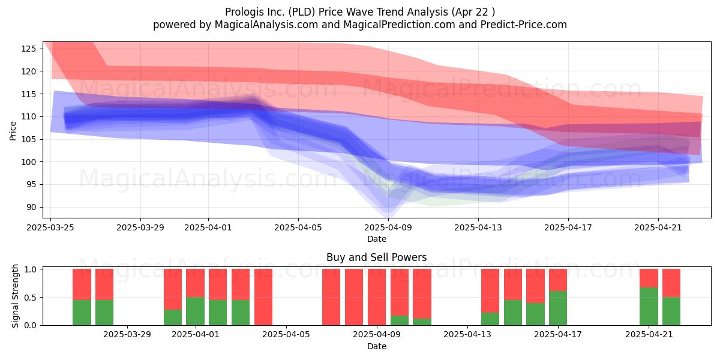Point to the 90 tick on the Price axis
[x=31, y=208]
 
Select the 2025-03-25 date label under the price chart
[x=50, y=227]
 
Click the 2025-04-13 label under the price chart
[x=478, y=227]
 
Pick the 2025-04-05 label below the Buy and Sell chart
[x=286, y=335]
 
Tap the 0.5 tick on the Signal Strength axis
[x=30, y=298]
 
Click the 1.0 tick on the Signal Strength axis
[x=30, y=269]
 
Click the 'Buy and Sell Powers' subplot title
[x=376, y=257]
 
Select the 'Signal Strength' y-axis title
[x=15, y=296]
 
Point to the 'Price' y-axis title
[x=13, y=131]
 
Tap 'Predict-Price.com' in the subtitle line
[x=524, y=25]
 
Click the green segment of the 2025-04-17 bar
[x=558, y=308]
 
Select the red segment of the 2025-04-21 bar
[x=649, y=278]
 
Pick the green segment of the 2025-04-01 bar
[x=195, y=311]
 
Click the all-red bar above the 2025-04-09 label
[x=377, y=297]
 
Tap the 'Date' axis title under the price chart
[x=377, y=239]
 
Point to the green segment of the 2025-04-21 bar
[x=649, y=307]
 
